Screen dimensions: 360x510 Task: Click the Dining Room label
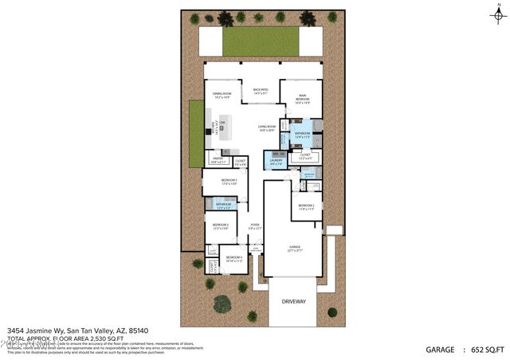pos(222,95)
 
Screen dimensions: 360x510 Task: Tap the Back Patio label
pos(261,91)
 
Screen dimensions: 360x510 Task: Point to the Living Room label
pos(266,127)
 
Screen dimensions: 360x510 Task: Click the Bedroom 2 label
pos(307,206)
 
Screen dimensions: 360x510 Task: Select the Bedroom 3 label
pos(220,226)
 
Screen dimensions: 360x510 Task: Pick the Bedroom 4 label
pos(233,258)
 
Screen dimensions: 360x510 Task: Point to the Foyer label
pos(255,226)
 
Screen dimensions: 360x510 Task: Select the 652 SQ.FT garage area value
pos(488,350)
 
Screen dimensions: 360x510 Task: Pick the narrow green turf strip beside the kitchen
pos(196,135)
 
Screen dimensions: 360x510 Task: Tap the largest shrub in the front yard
pos(222,303)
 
